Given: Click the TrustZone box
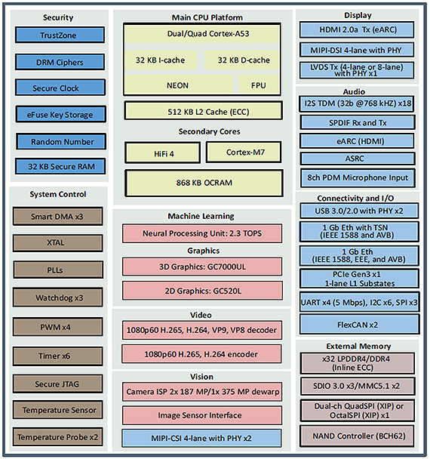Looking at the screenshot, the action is [60, 35].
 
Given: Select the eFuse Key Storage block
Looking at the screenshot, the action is [60, 114].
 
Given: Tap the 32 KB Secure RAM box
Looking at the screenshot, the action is [60, 166].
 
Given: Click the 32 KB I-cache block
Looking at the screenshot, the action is [160, 60].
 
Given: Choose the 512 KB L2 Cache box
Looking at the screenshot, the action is [203, 111].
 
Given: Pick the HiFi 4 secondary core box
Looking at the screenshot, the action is [163, 152].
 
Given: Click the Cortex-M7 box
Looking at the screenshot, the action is [244, 152].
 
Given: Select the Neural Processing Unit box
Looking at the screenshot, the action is [202, 233].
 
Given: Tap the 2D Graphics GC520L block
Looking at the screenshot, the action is [202, 291].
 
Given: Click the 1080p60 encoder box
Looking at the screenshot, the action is [202, 354].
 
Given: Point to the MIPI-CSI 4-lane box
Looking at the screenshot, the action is [202, 438].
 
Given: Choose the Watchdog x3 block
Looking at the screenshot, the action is [58, 297].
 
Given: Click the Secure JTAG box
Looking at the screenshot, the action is [58, 384].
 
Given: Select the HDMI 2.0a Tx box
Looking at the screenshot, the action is [357, 30].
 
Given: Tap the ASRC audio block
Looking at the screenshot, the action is [358, 159].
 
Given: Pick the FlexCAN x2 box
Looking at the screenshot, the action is [360, 325].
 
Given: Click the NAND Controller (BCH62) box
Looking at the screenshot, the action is [358, 436].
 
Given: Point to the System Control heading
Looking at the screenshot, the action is [58, 194].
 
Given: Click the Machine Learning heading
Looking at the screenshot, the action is [201, 217].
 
